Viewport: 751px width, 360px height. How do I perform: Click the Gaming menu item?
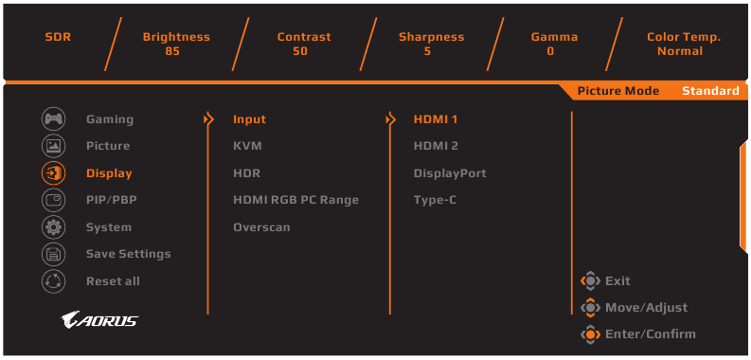point(109,119)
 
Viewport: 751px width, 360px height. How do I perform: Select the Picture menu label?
point(108,146)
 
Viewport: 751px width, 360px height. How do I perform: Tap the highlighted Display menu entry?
point(109,173)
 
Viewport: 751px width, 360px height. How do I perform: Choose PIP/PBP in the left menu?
point(111,200)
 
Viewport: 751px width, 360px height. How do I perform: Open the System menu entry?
point(109,227)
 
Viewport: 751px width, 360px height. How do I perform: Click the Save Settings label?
point(128,254)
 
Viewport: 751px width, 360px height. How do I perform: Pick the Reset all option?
point(113,281)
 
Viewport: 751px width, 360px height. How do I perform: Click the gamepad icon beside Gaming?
point(53,119)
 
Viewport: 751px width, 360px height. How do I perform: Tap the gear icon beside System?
point(53,227)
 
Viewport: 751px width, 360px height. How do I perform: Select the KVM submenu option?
point(247,146)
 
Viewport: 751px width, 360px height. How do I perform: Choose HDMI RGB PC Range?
point(295,200)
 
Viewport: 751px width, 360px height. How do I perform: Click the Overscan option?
point(261,227)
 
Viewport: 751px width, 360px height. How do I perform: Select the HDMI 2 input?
point(436,146)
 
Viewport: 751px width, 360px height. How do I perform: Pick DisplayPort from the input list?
point(450,173)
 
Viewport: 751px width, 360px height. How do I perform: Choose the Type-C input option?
point(435,200)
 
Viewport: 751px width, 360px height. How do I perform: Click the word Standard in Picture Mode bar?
point(710,91)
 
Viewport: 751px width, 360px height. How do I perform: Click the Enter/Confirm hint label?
point(650,333)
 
